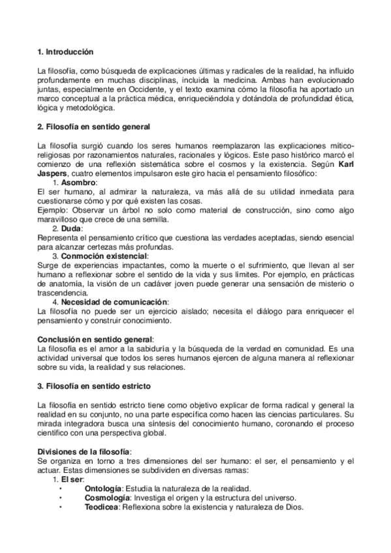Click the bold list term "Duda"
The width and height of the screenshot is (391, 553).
(72, 229)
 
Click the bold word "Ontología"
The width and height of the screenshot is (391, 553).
(103, 488)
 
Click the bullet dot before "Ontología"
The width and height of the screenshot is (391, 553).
(60, 489)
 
